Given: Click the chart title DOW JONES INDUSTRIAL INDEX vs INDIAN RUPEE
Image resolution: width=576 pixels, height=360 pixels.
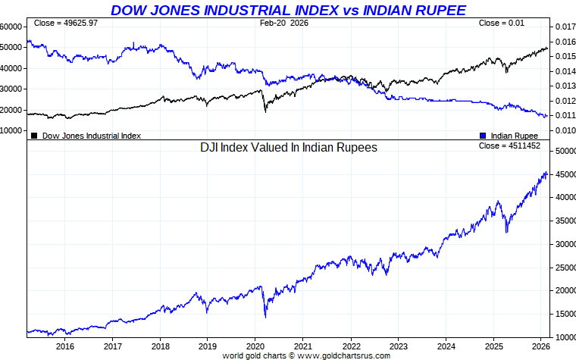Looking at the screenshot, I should [288, 10].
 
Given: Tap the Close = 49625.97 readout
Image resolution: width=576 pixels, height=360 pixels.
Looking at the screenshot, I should [66, 23].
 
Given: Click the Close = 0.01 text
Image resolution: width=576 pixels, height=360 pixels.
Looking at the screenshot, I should [501, 23].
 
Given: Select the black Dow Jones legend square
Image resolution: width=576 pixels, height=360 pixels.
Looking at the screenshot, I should [34, 136].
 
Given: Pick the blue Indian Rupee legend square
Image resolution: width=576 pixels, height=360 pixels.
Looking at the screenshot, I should [483, 136].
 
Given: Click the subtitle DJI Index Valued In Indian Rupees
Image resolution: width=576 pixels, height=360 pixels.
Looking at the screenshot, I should [288, 148].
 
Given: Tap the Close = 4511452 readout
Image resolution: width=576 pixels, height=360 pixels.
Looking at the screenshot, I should [509, 146].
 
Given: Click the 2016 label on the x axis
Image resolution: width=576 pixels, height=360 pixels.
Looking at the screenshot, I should [64, 346].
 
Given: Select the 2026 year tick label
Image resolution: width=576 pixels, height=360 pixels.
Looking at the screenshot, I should [541, 346].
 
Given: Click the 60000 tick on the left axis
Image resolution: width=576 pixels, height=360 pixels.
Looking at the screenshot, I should [11, 27].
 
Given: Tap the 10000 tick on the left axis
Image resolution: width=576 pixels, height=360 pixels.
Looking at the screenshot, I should [11, 130].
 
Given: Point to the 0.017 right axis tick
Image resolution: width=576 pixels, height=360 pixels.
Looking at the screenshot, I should [565, 27].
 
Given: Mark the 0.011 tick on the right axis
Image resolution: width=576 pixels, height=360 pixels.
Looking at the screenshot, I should [565, 115].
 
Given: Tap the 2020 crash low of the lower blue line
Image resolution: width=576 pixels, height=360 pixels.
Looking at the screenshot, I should [265, 317].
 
